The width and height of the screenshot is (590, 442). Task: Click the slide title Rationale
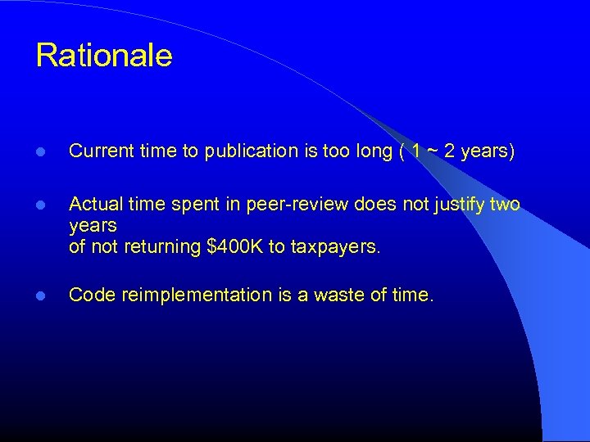pyautogui.click(x=104, y=56)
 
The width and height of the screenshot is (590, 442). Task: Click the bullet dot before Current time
pyautogui.click(x=41, y=152)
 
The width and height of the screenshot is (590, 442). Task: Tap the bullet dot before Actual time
pyautogui.click(x=41, y=205)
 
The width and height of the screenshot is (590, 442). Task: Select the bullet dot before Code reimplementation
pyautogui.click(x=41, y=295)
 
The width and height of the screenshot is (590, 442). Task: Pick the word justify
pyautogui.click(x=458, y=204)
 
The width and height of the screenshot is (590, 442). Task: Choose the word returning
pyautogui.click(x=162, y=247)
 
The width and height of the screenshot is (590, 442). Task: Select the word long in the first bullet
pyautogui.click(x=374, y=151)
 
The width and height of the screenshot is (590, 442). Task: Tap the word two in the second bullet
pyautogui.click(x=505, y=204)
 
